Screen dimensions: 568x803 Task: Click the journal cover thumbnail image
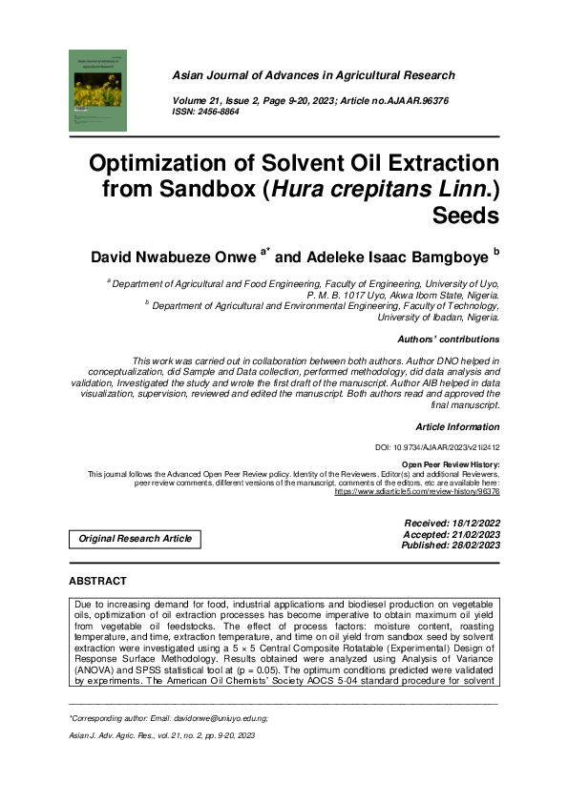click(x=98, y=90)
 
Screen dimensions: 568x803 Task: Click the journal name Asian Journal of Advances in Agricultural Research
click(x=313, y=75)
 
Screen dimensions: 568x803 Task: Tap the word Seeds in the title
click(x=465, y=215)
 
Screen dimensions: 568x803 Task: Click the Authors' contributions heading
click(x=448, y=339)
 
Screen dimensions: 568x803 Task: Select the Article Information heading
click(x=457, y=426)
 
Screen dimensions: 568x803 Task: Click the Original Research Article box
click(x=135, y=539)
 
